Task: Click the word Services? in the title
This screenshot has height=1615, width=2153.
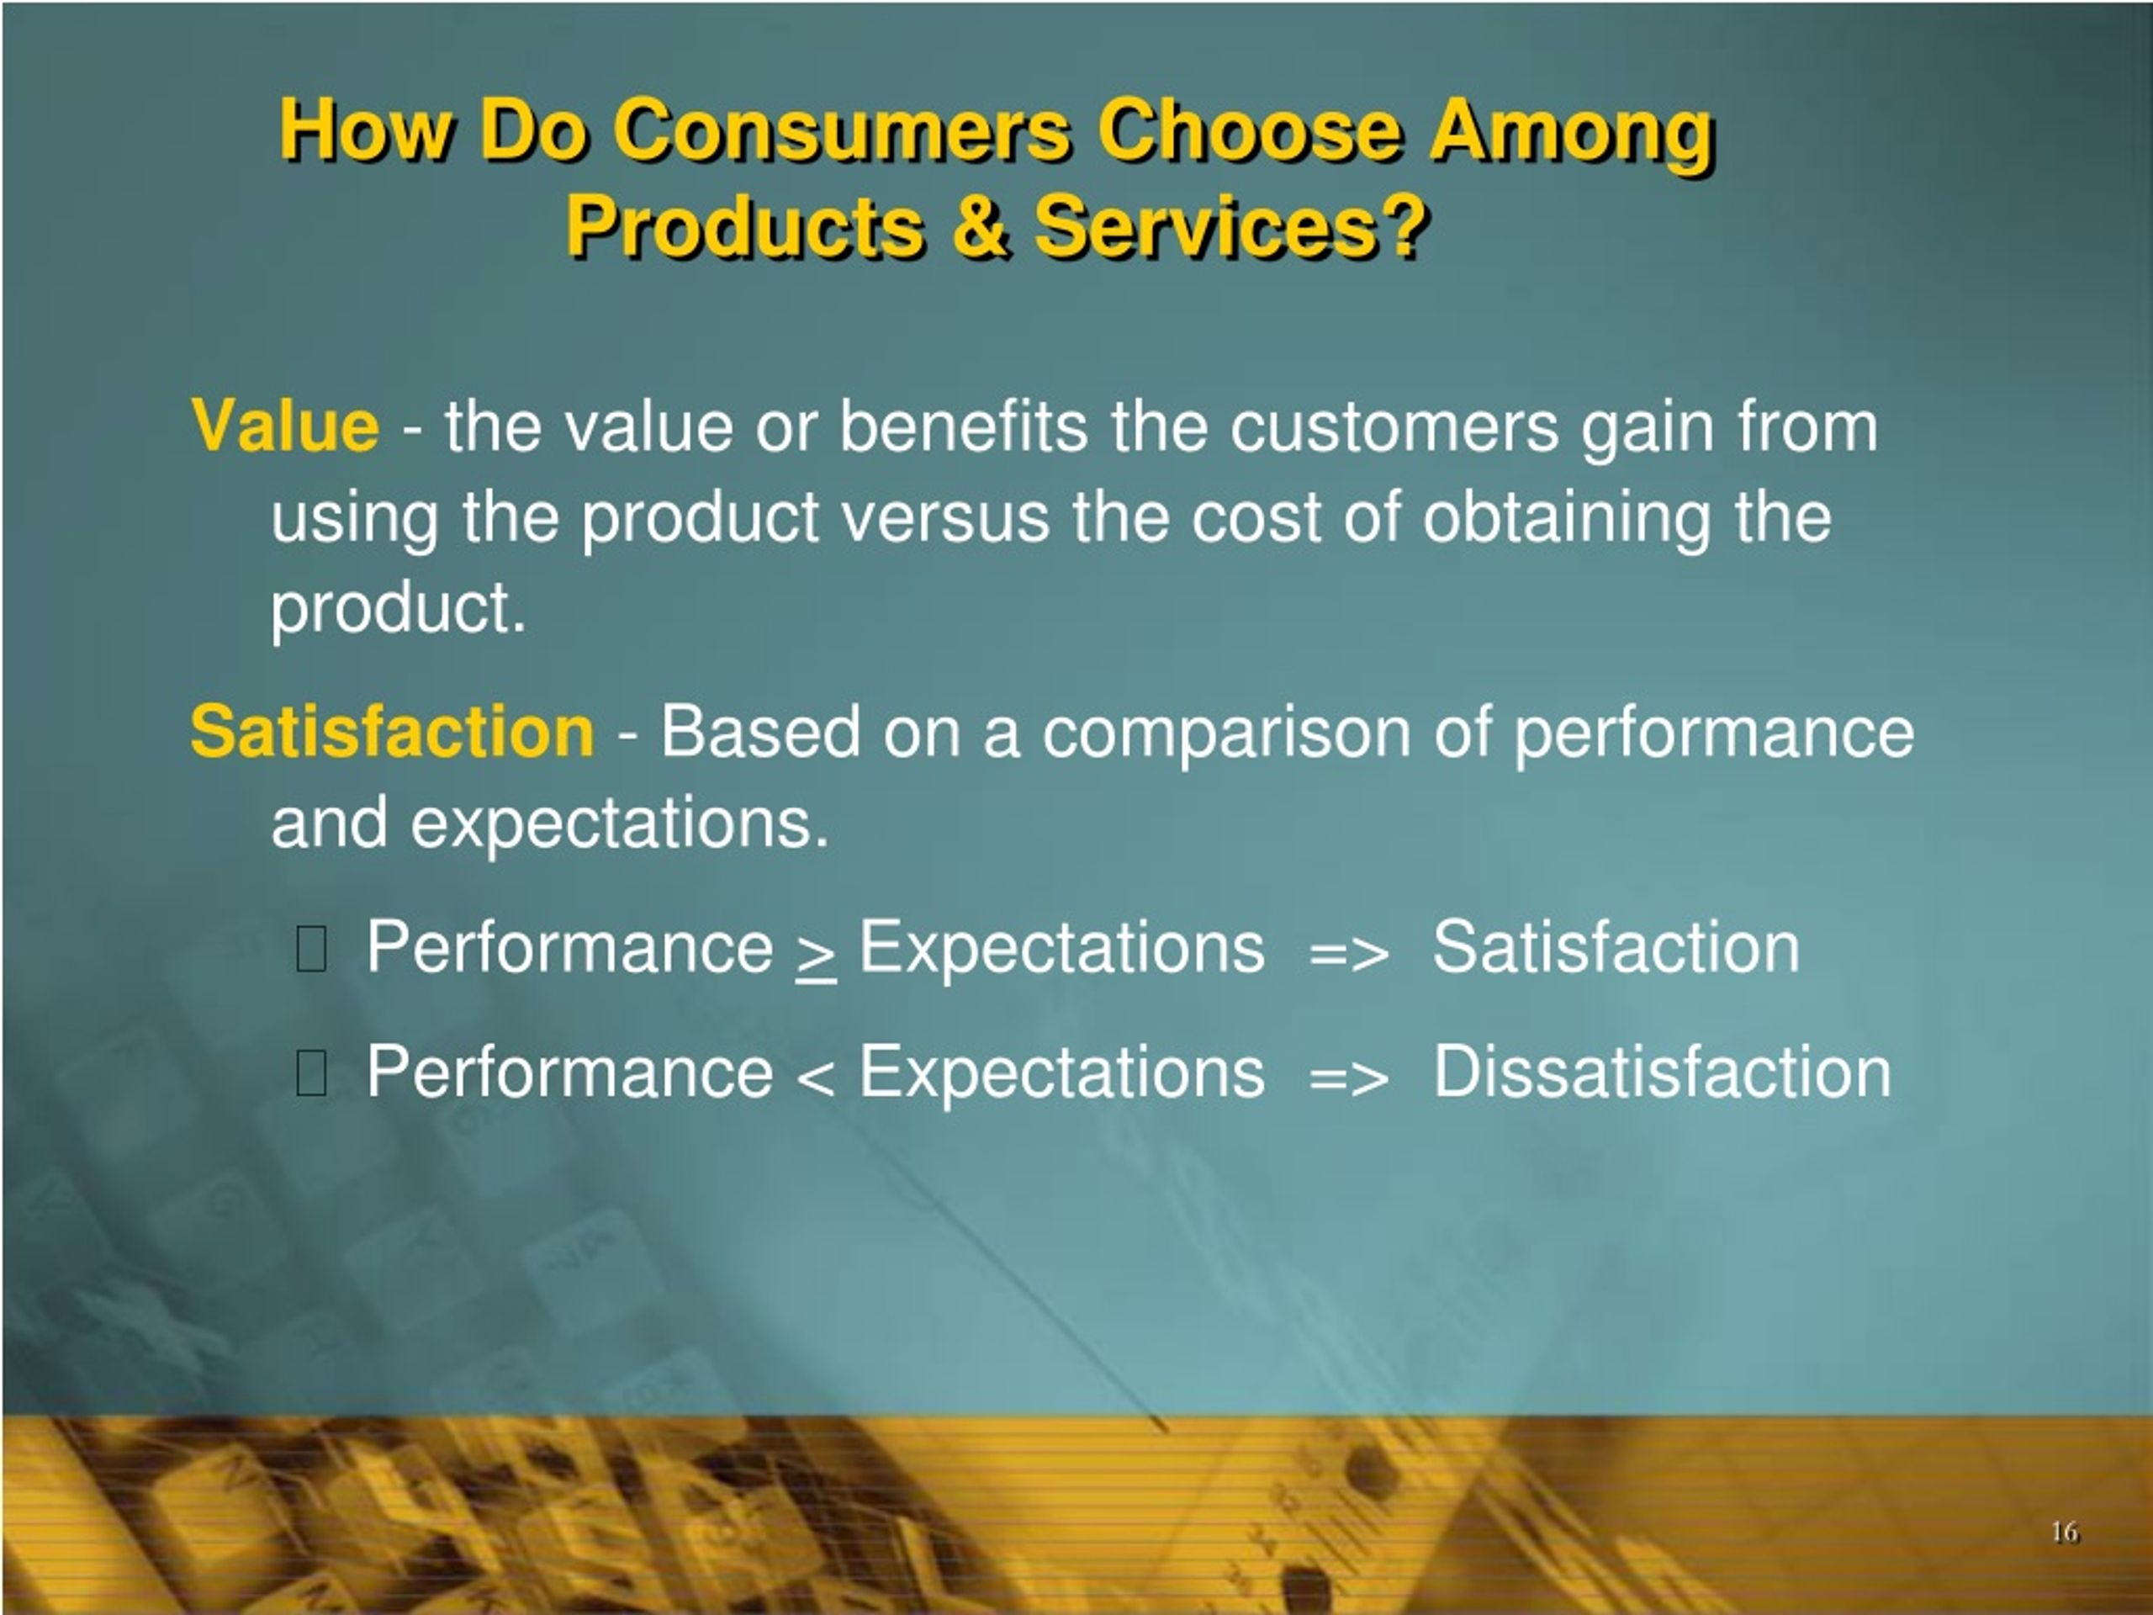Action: [1230, 225]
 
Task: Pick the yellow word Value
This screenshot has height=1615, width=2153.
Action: [285, 426]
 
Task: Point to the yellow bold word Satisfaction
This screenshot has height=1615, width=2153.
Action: [392, 731]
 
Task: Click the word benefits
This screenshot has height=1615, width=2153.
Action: [963, 426]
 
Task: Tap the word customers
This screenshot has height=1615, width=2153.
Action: [1394, 426]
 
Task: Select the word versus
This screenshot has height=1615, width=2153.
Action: [945, 519]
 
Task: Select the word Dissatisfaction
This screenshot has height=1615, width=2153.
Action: [1663, 1072]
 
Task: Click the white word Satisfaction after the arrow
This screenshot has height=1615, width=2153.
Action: [1616, 947]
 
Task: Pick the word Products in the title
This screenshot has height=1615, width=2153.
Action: [744, 225]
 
